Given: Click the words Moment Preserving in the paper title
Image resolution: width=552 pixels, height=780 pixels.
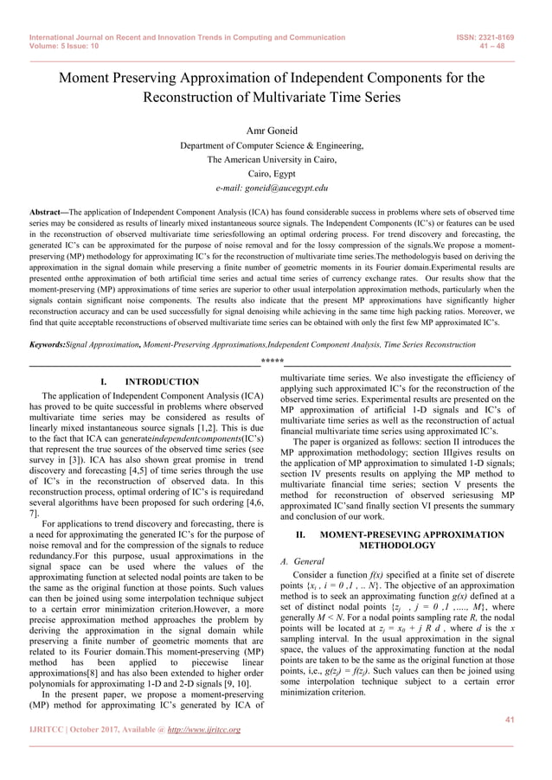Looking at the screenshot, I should pyautogui.click(x=113, y=78).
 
